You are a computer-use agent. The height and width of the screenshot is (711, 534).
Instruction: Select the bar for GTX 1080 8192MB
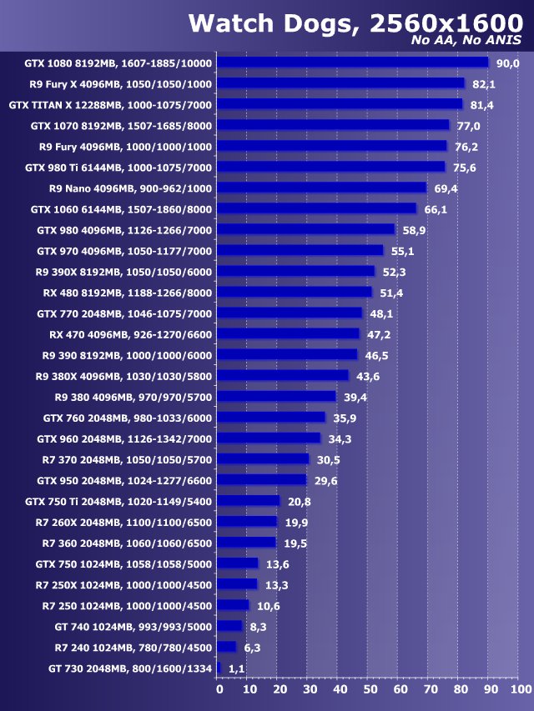353,63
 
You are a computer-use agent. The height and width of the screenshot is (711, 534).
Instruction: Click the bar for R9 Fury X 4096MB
341,83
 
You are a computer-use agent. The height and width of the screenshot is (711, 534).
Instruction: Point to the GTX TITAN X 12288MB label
110,104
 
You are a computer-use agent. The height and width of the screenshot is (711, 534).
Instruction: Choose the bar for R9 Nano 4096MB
322,188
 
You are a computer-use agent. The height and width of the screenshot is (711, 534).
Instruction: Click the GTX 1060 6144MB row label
121,209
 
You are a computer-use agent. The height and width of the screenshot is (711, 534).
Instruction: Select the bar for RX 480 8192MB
295,293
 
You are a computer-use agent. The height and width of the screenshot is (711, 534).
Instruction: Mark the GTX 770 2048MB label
124,313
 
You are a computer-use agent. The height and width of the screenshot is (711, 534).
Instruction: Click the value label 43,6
367,376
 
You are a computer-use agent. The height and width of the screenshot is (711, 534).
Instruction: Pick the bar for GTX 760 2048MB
272,418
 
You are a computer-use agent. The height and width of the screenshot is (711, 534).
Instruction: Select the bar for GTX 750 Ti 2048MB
249,501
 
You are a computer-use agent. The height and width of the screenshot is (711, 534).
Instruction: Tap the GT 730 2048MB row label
130,668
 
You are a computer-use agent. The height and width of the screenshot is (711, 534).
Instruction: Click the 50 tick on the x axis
370,689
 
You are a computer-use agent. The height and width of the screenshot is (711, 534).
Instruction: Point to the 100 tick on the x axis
520,689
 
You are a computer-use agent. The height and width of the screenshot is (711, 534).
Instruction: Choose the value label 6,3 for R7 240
252,647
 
